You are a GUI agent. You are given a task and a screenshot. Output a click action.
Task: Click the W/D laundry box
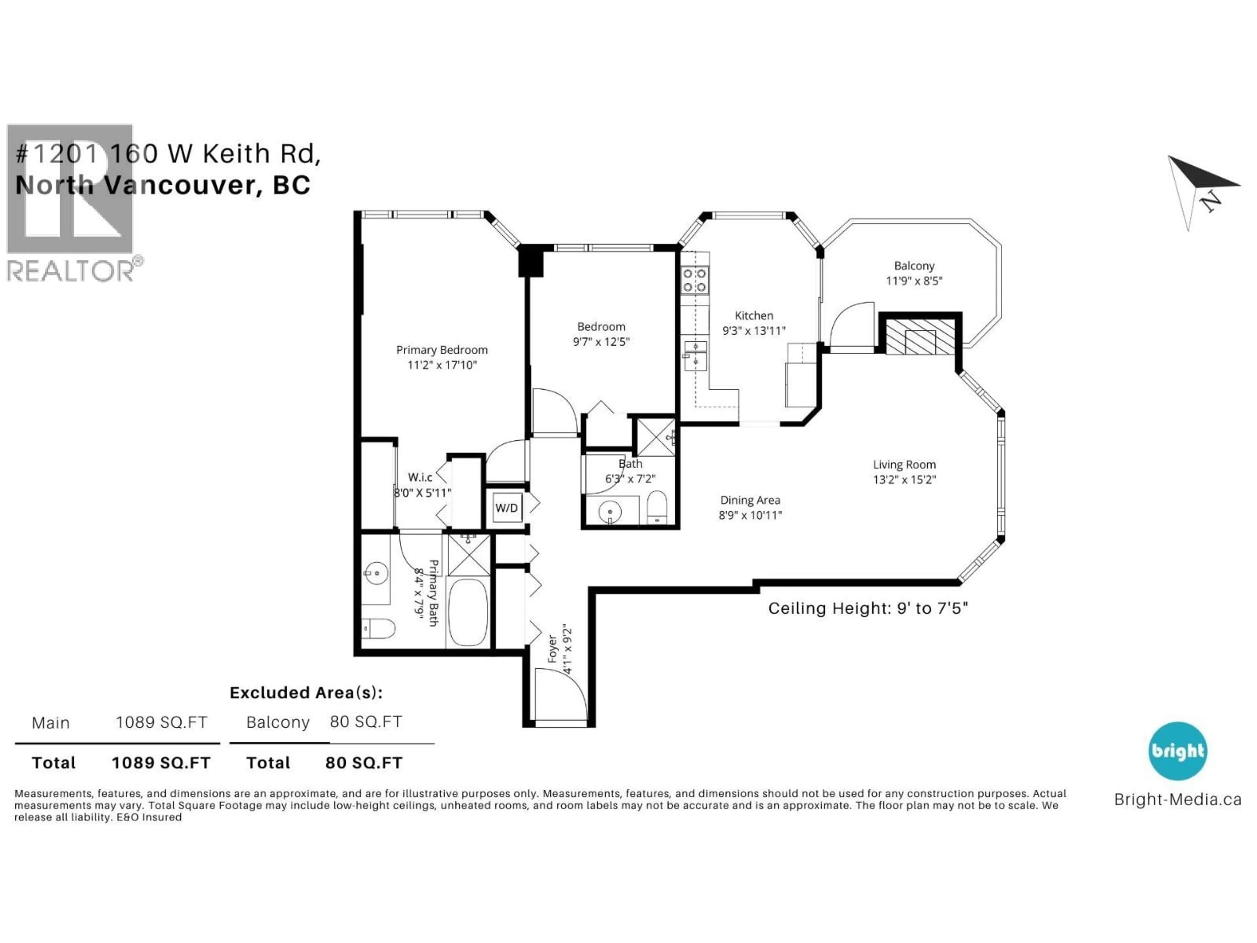[x=507, y=508]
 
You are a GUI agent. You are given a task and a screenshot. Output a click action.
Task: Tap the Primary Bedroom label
[x=442, y=350]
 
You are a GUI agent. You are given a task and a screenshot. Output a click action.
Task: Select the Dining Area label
[x=750, y=500]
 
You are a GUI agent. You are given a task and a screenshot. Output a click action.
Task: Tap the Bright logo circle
[x=1177, y=751]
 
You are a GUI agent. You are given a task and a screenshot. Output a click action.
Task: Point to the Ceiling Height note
[x=868, y=609]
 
